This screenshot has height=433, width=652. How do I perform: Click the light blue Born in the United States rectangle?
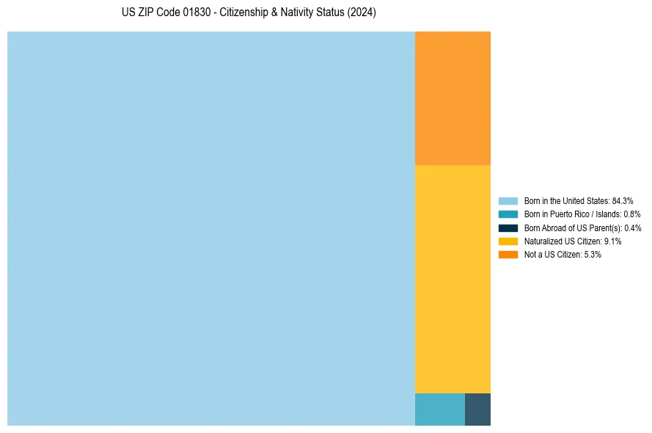pos(211,228)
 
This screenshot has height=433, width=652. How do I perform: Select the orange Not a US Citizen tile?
pos(453,98)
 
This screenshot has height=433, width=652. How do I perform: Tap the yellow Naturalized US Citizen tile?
pos(453,279)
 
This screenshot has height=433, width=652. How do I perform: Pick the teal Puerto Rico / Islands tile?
pos(439,410)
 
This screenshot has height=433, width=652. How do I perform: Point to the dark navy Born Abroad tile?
pos(477,410)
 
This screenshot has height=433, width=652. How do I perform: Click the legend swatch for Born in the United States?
pos(508,200)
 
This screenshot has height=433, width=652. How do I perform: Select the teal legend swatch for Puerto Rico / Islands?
pos(508,214)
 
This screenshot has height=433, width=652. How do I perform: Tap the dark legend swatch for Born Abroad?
pos(508,228)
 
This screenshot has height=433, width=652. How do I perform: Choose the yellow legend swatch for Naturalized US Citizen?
pos(508,241)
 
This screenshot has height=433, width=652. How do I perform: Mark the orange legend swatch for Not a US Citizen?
pos(508,255)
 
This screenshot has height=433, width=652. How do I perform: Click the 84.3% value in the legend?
pos(623,200)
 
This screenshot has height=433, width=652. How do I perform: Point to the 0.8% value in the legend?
pos(632,214)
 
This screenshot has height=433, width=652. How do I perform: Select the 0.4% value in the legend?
pos(633,228)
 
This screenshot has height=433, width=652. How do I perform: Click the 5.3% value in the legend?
pos(593,255)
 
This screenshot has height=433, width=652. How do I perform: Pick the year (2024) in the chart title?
pos(362,13)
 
